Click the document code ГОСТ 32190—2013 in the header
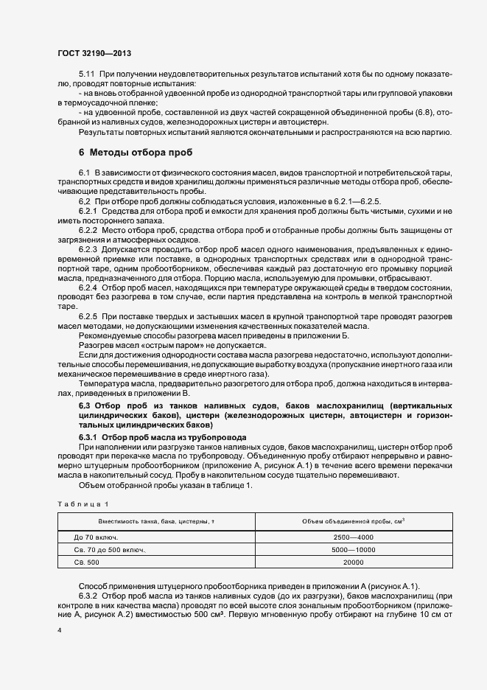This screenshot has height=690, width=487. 94,54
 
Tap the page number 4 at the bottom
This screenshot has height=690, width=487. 59,631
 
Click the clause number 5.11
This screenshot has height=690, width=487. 87,75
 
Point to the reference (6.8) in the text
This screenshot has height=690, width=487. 422,112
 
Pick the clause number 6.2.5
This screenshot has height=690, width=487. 90,316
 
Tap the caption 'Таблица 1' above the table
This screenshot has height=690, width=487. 83,503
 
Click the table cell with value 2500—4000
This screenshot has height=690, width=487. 353,537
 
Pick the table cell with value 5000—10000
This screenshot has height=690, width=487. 353,550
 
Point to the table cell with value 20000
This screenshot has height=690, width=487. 353,562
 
